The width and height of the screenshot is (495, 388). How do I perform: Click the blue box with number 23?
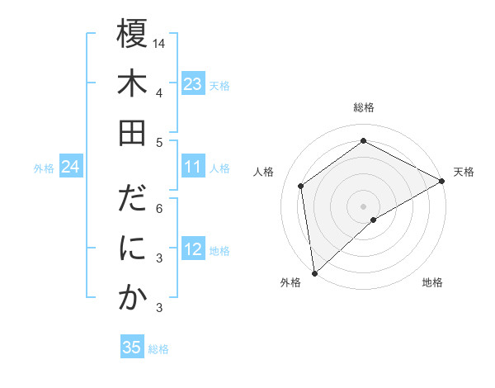pyautogui.click(x=192, y=83)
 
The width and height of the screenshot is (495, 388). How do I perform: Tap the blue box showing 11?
pyautogui.click(x=192, y=168)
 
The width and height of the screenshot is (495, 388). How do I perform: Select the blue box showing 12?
pyautogui.click(x=192, y=249)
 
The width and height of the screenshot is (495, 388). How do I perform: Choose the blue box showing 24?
pyautogui.click(x=70, y=168)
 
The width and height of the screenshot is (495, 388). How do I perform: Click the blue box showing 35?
pyautogui.click(x=131, y=348)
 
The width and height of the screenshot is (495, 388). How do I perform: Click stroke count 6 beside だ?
pyautogui.click(x=159, y=209)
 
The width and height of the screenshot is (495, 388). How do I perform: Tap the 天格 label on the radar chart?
pyautogui.click(x=464, y=172)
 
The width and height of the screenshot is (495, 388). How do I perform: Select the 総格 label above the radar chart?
pyautogui.click(x=364, y=107)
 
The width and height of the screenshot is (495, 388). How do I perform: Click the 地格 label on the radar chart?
pyautogui.click(x=432, y=283)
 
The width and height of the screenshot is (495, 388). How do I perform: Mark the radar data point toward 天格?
pyautogui.click(x=442, y=182)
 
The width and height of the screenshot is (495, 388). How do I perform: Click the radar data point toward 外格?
pyautogui.click(x=314, y=272)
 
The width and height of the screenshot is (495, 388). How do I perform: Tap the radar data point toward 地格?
pyautogui.click(x=374, y=220)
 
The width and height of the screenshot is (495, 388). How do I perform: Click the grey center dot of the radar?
pyautogui.click(x=363, y=205)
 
